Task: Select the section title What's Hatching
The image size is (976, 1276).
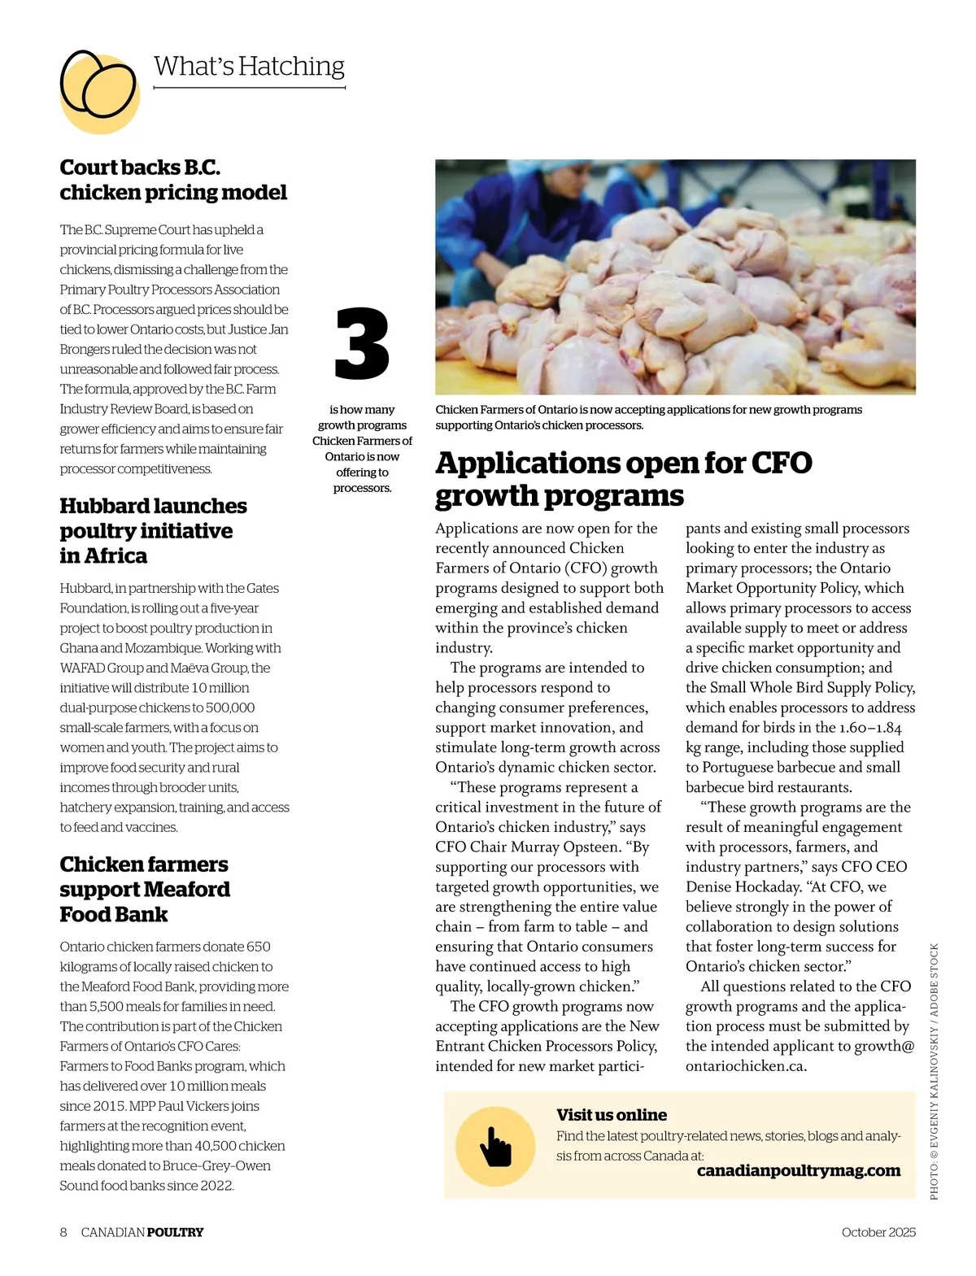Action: click(x=249, y=66)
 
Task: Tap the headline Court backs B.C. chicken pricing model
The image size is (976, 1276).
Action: click(x=173, y=180)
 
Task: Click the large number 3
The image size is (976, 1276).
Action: click(x=362, y=343)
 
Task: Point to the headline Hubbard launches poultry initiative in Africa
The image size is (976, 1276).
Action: click(x=153, y=530)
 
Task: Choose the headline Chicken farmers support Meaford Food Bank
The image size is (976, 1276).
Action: click(x=145, y=889)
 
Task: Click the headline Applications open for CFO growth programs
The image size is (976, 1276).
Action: click(x=623, y=478)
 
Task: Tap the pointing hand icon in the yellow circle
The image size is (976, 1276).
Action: click(x=495, y=1146)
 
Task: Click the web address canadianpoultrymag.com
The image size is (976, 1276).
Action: click(x=799, y=1170)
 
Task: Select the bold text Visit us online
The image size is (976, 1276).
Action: click(x=612, y=1115)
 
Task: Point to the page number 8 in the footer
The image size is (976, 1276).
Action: click(x=63, y=1232)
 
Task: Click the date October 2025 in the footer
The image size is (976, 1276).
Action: click(x=878, y=1232)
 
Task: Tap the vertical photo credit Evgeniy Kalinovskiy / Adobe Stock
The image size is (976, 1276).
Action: click(x=934, y=1071)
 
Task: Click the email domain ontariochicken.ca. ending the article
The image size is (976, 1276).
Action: click(x=746, y=1066)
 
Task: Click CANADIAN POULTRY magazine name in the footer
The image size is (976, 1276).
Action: click(x=142, y=1232)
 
